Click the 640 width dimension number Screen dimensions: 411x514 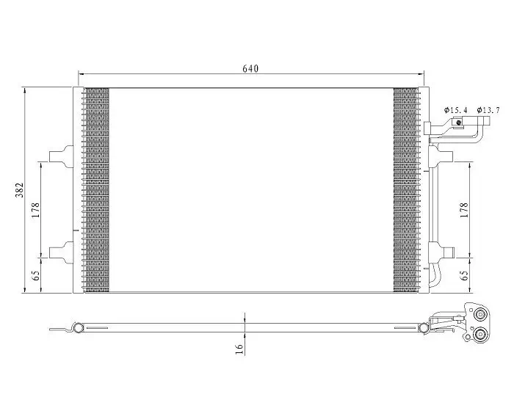(251, 68)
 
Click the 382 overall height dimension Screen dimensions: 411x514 (21, 190)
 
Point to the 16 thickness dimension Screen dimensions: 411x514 (239, 349)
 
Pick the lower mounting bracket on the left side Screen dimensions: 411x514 (62, 251)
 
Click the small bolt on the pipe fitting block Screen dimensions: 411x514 (459, 123)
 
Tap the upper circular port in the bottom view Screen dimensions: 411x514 (481, 316)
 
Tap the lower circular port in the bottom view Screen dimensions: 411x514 (481, 335)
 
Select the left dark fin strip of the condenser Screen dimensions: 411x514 (96, 190)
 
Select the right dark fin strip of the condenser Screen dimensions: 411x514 (405, 190)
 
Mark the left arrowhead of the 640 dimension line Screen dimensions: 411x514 (82, 75)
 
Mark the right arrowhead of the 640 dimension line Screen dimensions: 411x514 (421, 75)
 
